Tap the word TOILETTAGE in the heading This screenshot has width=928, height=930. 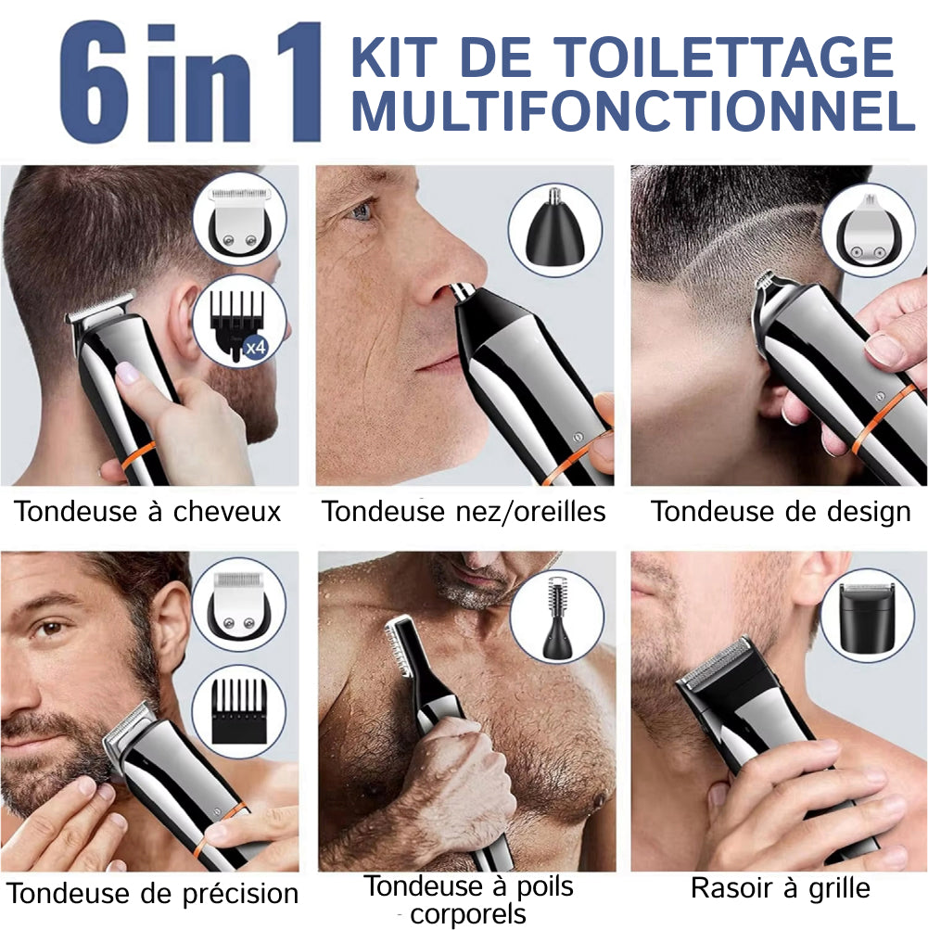coord(727,57)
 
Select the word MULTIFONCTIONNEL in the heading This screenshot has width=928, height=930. coord(633,111)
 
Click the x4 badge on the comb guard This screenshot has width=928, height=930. coord(256,347)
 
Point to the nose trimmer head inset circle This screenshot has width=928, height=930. coord(555,229)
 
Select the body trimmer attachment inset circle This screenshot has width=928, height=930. coord(557,617)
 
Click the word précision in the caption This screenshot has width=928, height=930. coord(240,894)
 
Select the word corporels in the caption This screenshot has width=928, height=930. coord(468,914)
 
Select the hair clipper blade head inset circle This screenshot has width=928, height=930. coord(240,220)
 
